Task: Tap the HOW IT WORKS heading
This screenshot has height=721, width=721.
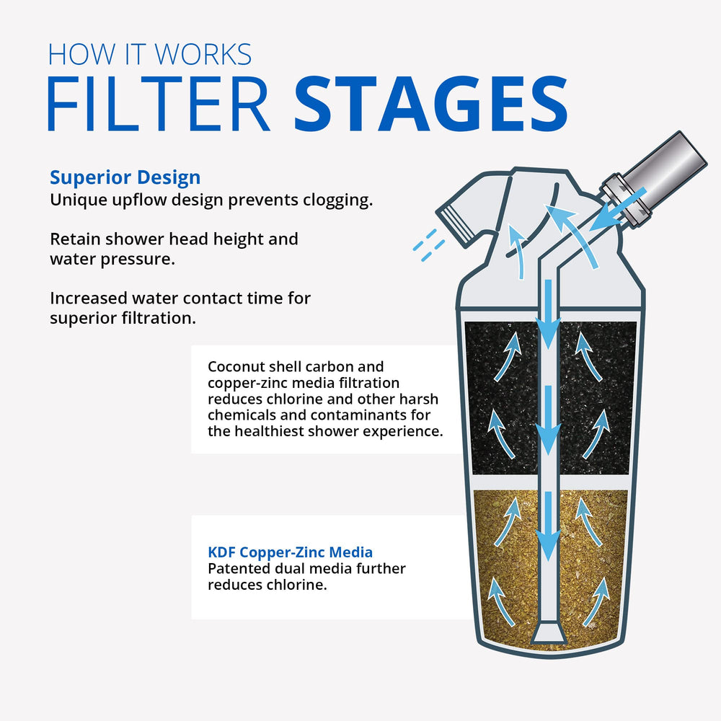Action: coord(150,54)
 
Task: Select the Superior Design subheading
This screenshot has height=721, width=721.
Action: coord(125,177)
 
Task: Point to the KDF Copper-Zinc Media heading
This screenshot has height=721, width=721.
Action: coord(290,552)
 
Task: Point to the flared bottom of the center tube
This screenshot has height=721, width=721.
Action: coord(549,632)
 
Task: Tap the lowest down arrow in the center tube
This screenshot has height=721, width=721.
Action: coord(549,526)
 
